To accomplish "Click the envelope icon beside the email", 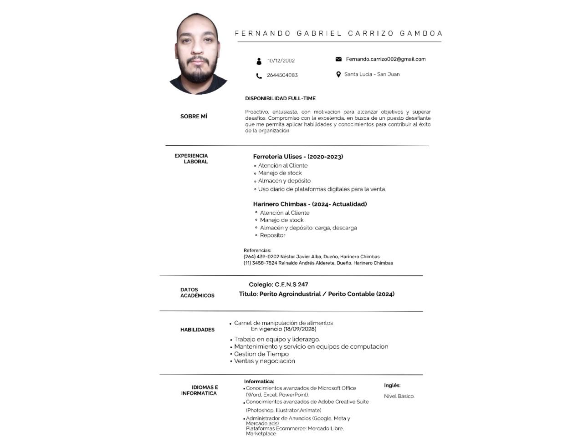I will click(338, 59).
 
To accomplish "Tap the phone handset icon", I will click(259, 76).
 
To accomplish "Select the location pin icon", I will click(338, 75).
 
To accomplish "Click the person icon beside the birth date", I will click(259, 61).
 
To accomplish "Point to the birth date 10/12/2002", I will click(281, 61).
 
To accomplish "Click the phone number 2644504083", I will click(282, 75).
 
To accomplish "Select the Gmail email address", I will click(386, 59).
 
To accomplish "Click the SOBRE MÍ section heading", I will click(194, 117).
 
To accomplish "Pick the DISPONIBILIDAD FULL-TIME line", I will click(280, 98).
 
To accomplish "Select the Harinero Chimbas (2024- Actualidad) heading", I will click(310, 204).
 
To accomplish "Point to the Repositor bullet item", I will click(272, 235).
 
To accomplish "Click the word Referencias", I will click(257, 250).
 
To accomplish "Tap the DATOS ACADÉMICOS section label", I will click(197, 293).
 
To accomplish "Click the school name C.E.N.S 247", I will click(291, 285).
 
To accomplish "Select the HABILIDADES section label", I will click(197, 330).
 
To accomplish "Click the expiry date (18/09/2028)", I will click(300, 329).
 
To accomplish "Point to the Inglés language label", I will click(392, 386).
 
